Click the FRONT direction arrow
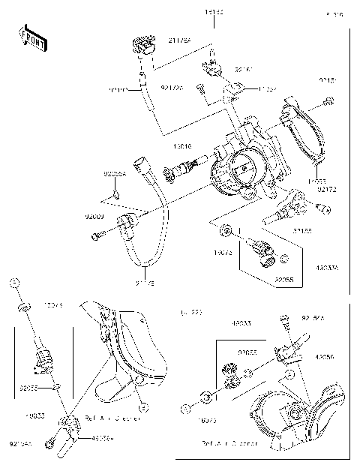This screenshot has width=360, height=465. click(31, 37)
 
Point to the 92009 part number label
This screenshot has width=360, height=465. click(94, 217)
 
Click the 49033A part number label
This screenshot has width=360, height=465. click(325, 266)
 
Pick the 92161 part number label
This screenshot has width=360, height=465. click(244, 69)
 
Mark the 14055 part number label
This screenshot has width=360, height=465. click(316, 181)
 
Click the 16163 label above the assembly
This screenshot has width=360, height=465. click(214, 14)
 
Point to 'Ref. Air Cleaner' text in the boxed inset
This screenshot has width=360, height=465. click(230, 444)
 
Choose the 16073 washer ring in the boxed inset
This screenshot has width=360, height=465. click(206, 395)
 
